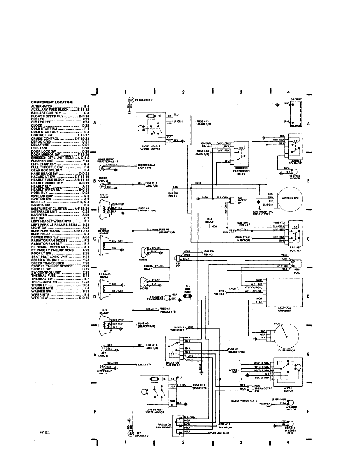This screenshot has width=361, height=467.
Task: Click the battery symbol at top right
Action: (296, 114)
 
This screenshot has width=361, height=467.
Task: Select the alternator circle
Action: (289, 199)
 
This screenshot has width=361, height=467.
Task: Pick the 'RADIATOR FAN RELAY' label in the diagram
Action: (173, 364)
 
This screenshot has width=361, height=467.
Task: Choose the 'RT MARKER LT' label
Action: (144, 101)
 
